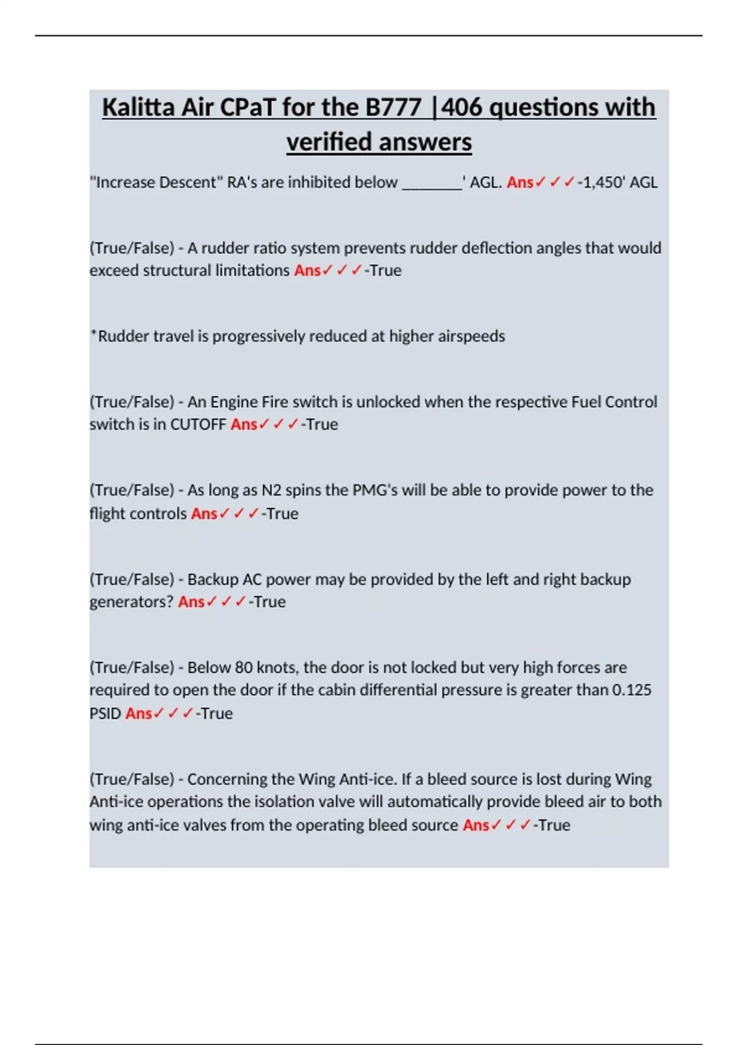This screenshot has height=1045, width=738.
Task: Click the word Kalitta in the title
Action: (138, 108)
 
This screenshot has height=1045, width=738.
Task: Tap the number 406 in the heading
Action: (462, 108)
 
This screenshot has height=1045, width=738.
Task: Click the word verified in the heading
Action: (327, 142)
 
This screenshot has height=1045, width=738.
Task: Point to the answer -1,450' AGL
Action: (617, 183)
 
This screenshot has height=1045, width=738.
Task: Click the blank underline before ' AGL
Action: (432, 183)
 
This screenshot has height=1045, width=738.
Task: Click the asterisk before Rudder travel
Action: (93, 334)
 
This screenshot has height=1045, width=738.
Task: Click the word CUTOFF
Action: (198, 424)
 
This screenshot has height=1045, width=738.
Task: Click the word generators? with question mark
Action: (132, 602)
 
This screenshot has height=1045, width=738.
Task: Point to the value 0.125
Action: (632, 690)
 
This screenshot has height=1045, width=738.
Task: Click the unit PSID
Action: (105, 714)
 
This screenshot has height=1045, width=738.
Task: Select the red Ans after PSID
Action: (138, 714)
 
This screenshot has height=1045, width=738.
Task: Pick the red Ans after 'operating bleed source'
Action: (475, 825)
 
